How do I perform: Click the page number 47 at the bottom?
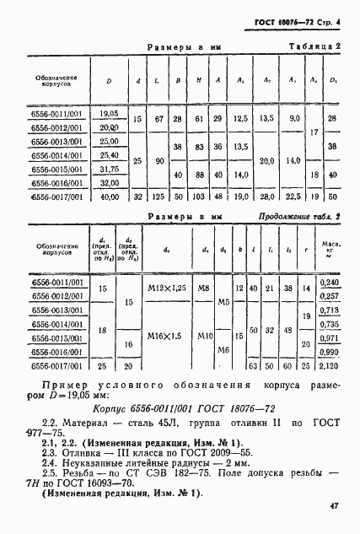(x=334, y=505)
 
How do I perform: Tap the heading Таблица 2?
(x=314, y=47)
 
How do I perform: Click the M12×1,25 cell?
(x=164, y=289)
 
